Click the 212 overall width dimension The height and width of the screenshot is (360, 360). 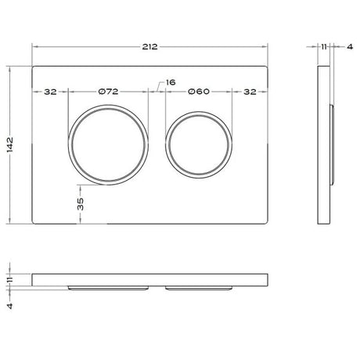pyautogui.click(x=149, y=47)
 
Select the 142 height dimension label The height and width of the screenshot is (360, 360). pyautogui.click(x=10, y=145)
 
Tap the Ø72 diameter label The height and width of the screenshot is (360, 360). pyautogui.click(x=108, y=92)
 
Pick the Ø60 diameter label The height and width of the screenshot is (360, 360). pyautogui.click(x=199, y=92)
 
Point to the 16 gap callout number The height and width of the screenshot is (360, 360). pyautogui.click(x=171, y=82)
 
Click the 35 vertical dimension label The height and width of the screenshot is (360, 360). pyautogui.click(x=81, y=204)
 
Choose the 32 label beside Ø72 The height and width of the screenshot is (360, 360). pyautogui.click(x=50, y=92)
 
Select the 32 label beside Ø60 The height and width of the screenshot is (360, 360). pyautogui.click(x=250, y=92)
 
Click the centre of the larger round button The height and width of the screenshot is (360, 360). pyautogui.click(x=108, y=145)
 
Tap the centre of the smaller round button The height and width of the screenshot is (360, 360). pyautogui.click(x=199, y=145)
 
